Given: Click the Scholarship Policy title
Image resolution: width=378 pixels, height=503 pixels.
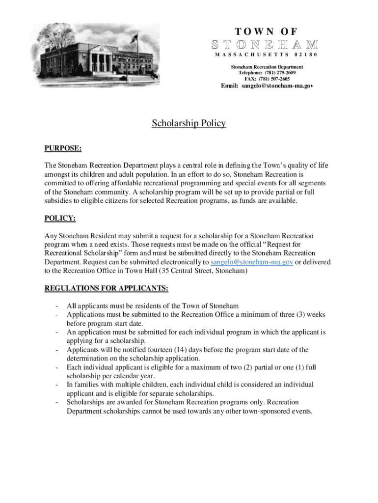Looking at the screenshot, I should [189, 123].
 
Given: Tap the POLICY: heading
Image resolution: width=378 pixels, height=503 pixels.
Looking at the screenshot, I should [60, 218].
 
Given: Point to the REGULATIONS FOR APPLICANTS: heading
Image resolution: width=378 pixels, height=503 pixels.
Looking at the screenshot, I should [107, 288].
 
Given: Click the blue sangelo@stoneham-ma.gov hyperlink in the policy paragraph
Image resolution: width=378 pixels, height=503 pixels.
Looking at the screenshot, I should [252, 262].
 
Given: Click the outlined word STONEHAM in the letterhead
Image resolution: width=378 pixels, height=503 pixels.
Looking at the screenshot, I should [265, 44].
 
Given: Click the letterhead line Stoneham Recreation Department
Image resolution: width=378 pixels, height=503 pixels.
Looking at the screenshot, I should [268, 67].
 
